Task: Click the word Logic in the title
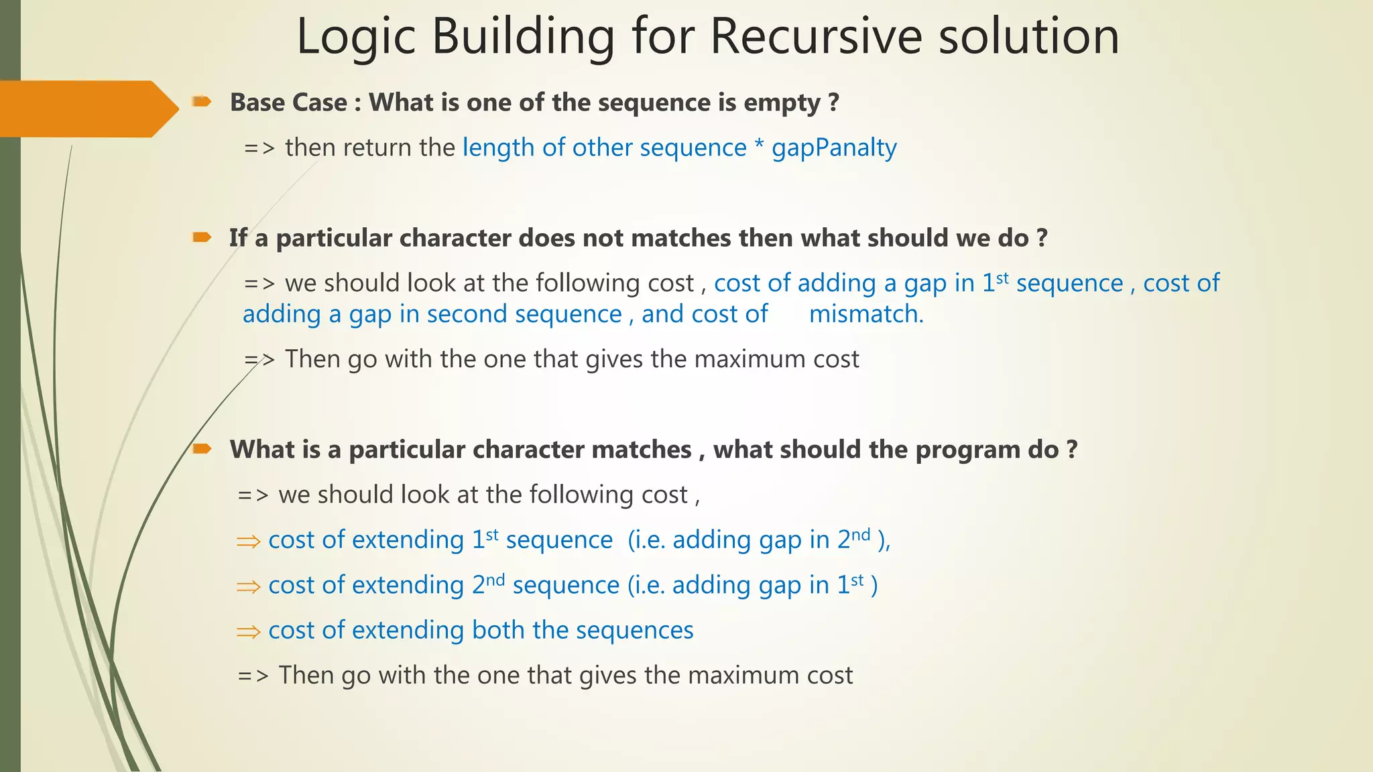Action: coord(356,37)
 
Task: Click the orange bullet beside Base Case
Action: coord(202,102)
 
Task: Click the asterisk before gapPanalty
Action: coord(759,147)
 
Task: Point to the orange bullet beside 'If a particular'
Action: coord(202,237)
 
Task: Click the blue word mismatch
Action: coord(865,314)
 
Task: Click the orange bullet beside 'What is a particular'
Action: coord(202,448)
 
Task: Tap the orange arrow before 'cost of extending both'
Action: coord(248,631)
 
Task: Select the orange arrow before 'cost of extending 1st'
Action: coord(248,541)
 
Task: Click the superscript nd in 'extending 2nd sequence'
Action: coord(495,580)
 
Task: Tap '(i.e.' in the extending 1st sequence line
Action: coord(646,540)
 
